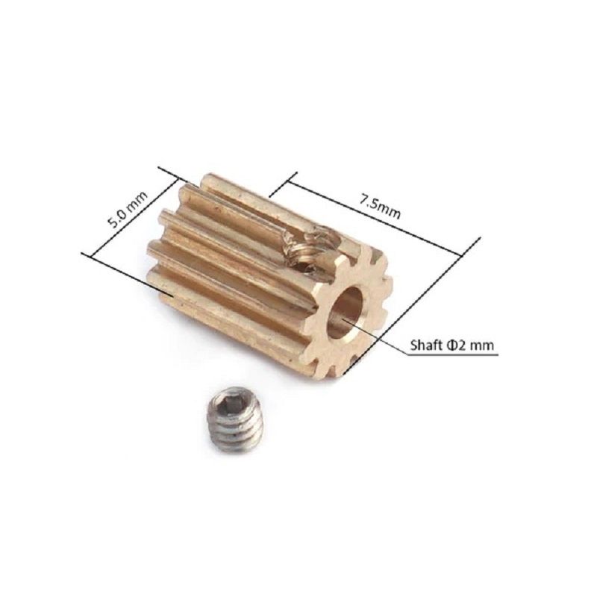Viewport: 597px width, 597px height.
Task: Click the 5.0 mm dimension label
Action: point(128,210)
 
